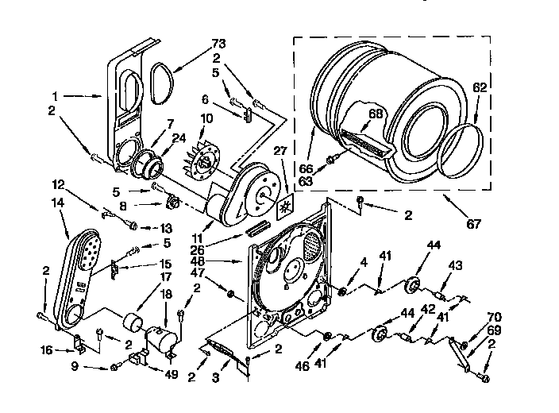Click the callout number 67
[x=473, y=224]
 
